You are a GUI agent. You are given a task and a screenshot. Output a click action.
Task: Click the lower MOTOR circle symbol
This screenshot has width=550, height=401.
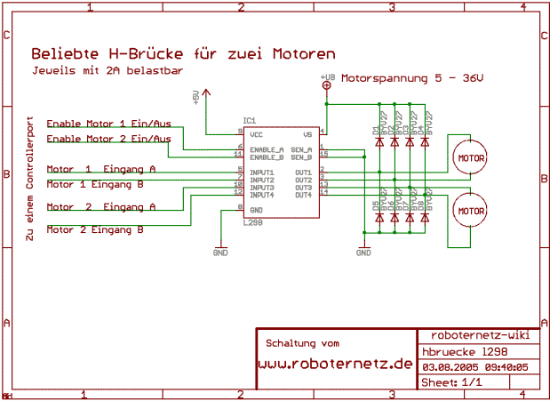(469, 211)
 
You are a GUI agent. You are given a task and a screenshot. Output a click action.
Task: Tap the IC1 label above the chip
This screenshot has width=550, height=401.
(249, 121)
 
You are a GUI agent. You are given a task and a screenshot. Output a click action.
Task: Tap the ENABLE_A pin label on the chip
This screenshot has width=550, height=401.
(267, 148)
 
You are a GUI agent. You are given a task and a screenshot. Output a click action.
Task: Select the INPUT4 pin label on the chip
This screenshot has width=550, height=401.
(262, 195)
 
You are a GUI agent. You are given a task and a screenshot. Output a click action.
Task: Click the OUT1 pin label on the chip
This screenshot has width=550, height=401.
(303, 172)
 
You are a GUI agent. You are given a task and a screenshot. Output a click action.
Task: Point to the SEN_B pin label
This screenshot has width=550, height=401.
(301, 156)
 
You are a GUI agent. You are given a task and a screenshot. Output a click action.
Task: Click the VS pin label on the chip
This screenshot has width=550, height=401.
(307, 133)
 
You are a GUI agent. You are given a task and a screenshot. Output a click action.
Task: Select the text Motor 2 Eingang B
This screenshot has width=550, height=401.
(95, 229)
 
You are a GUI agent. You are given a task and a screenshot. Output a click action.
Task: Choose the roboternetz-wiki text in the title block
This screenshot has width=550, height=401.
(479, 335)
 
